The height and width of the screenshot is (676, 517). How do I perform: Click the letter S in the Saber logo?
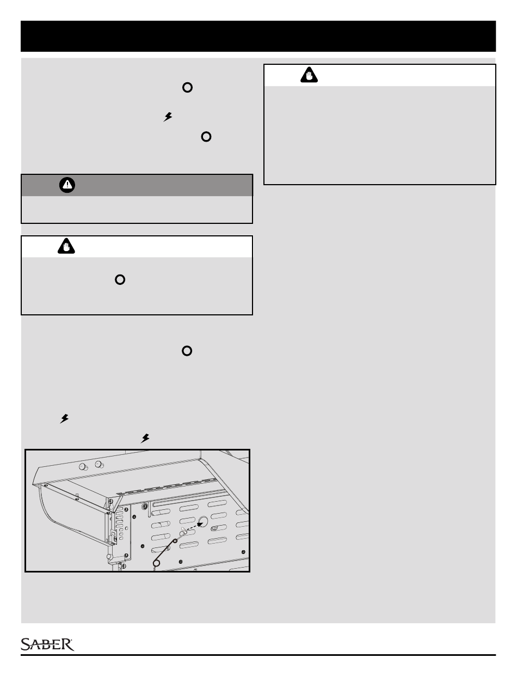[26, 644]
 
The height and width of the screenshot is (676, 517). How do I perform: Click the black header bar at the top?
[258, 36]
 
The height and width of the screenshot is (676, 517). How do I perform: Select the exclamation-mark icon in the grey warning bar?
[66, 185]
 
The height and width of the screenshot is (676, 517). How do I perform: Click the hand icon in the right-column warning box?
[309, 75]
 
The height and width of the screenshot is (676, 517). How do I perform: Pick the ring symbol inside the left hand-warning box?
[120, 279]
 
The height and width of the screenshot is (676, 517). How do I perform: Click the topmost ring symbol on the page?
[187, 87]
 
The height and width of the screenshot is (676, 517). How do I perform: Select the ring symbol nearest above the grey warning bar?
[206, 137]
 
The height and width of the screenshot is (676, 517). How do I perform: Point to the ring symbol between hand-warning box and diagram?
[187, 351]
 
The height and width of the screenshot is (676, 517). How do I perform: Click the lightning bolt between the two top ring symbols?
[168, 116]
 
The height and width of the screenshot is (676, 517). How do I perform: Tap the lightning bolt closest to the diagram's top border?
[145, 437]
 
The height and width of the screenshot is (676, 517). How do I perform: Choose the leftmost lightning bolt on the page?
[64, 418]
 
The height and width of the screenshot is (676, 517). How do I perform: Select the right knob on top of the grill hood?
[99, 464]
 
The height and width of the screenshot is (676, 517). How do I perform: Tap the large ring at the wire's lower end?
[157, 563]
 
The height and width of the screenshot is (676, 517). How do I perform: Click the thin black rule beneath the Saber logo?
[258, 655]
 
